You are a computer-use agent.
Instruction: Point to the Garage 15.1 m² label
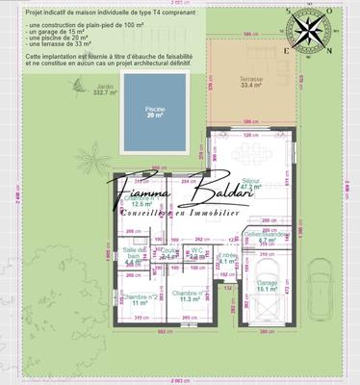point(267,284)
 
